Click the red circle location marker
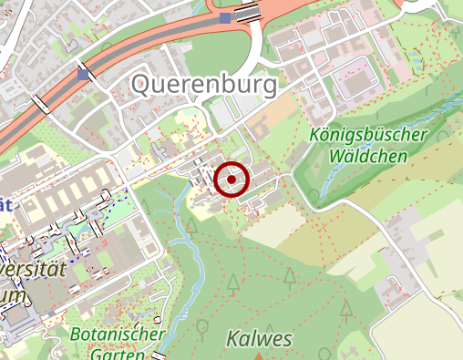(232, 180)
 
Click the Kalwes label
(261, 340)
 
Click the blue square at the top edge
(225, 17)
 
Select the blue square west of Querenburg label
(84, 74)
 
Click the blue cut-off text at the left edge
(5, 205)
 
